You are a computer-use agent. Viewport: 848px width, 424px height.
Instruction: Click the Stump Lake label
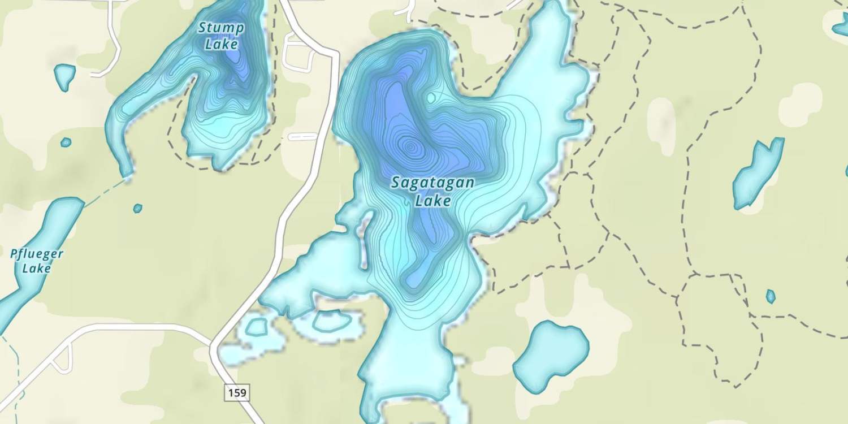221,35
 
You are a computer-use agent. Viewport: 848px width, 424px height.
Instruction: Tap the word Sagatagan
432,183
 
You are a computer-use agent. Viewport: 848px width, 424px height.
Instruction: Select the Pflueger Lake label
37,261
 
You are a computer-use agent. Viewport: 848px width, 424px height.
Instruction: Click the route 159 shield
237,392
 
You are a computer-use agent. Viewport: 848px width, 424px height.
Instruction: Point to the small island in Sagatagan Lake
431,98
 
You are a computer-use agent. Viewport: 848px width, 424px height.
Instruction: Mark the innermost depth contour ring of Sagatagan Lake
411,148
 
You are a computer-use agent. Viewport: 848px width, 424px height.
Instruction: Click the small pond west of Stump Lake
64,76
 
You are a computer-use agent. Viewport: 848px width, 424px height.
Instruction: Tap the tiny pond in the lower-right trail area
770,296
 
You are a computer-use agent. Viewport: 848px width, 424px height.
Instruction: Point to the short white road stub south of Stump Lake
302,136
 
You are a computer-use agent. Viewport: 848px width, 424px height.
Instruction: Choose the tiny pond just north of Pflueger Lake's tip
137,208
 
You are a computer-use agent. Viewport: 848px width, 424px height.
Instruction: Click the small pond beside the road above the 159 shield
256,327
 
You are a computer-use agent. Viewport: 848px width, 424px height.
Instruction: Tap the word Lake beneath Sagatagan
432,201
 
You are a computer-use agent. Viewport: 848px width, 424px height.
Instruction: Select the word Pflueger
37,254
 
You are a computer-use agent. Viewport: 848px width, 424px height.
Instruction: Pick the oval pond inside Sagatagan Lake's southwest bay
332,321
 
